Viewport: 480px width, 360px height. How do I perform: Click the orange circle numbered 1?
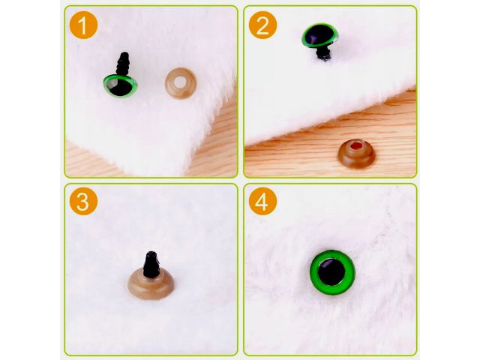point(83,25)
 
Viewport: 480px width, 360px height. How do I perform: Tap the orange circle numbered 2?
point(262,25)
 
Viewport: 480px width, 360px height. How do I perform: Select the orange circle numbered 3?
point(83,202)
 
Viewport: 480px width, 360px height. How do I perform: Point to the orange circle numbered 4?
point(262,202)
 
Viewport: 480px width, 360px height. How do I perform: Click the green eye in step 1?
point(120,85)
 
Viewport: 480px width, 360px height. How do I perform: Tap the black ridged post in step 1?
point(123,63)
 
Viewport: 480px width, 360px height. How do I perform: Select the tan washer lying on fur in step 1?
point(181,83)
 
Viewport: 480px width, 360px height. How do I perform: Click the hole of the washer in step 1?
point(181,82)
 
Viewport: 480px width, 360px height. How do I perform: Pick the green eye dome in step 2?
point(320,35)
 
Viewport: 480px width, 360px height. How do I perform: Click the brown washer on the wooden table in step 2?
point(357,154)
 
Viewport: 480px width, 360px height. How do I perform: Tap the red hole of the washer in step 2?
point(356,145)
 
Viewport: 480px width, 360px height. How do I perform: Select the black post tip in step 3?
point(151,265)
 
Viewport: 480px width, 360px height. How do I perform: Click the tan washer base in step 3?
point(151,284)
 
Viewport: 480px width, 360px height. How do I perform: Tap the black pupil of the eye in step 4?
point(331,271)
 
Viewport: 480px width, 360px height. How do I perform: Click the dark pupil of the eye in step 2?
point(319,34)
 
